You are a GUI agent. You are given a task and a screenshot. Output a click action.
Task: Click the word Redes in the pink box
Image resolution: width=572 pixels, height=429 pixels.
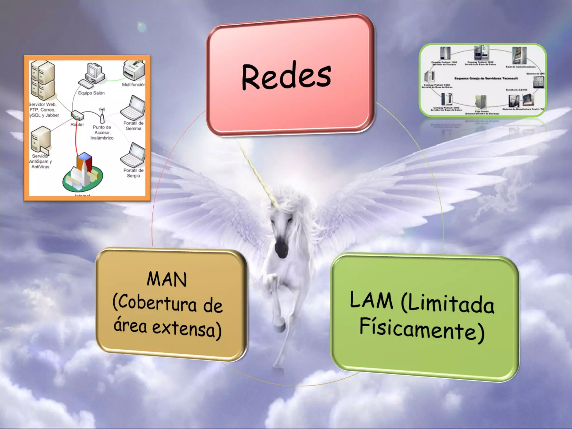[286, 77]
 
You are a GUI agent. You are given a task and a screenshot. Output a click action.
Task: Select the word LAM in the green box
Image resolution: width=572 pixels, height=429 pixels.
[371, 300]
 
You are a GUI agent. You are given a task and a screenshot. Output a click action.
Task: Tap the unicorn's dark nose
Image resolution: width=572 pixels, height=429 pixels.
[280, 246]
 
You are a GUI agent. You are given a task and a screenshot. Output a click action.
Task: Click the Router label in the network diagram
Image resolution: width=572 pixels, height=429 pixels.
[77, 125]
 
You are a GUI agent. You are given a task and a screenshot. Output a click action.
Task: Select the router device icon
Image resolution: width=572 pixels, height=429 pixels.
[77, 115]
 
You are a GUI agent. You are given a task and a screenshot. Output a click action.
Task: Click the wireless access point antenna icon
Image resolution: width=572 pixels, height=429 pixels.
[102, 115]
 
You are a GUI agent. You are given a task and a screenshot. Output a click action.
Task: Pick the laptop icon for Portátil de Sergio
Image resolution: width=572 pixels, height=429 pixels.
[133, 156]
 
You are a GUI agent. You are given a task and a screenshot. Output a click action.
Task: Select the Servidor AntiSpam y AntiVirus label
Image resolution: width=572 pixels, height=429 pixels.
[40, 161]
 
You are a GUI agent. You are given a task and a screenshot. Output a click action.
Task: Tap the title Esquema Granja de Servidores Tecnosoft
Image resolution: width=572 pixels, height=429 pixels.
[486, 78]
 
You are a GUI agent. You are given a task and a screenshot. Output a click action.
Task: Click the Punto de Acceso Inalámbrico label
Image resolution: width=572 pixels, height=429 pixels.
[102, 132]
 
